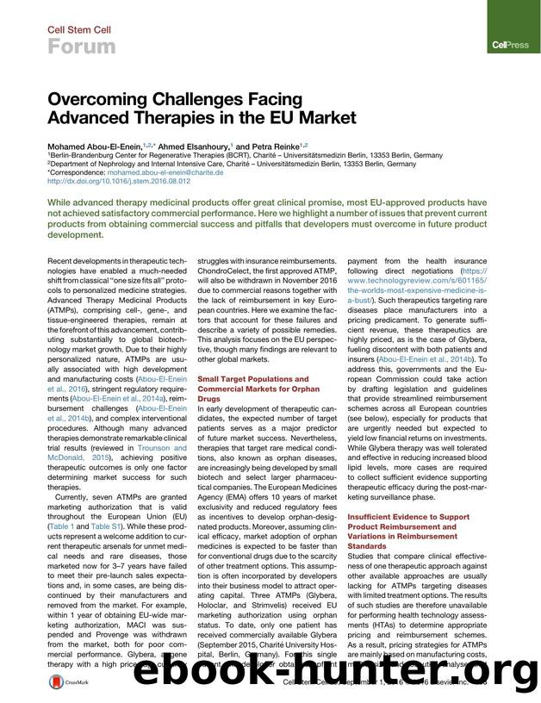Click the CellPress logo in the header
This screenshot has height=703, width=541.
click(x=504, y=43)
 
